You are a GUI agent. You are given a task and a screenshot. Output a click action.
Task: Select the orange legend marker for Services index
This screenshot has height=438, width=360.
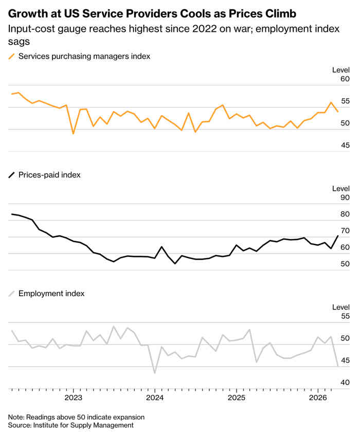(x=12, y=56)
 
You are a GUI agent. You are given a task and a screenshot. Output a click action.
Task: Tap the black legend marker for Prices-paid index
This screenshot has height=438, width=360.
(x=12, y=175)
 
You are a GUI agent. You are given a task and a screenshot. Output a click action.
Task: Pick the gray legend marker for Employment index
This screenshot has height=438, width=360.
(x=12, y=294)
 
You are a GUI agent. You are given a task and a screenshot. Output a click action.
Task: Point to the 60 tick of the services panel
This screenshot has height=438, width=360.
(x=345, y=79)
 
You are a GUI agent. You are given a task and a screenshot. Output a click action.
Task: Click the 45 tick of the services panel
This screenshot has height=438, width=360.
(x=345, y=145)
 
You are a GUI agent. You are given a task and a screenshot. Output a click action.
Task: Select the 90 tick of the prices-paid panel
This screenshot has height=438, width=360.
(x=345, y=197)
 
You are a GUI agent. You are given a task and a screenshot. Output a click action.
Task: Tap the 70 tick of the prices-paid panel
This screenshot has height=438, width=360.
(x=345, y=231)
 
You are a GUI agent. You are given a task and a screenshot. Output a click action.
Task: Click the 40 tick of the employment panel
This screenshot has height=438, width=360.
(x=345, y=382)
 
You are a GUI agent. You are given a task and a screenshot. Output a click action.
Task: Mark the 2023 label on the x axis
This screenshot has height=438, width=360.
(x=73, y=398)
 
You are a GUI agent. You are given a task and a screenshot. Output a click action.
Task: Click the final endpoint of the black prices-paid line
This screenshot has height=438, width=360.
(x=338, y=236)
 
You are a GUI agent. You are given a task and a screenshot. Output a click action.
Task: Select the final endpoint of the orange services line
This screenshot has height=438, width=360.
(x=338, y=112)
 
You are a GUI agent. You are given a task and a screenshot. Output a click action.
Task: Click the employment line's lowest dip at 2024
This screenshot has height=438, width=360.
(x=155, y=373)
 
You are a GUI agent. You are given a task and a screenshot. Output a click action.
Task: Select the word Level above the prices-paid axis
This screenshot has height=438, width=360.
(x=340, y=189)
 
